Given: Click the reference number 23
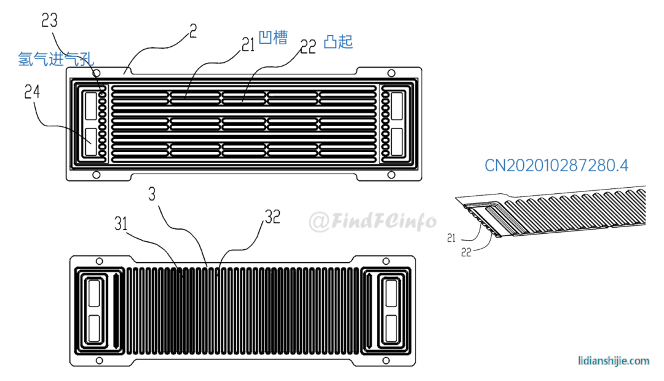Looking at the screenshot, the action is click(x=49, y=20).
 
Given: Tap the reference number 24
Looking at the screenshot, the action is click(x=32, y=92).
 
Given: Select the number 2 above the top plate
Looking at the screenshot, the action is click(x=193, y=31).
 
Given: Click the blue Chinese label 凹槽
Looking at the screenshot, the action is click(x=273, y=38).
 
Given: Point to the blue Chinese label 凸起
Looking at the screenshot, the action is click(x=338, y=41).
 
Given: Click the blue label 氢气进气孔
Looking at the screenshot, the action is click(x=56, y=59).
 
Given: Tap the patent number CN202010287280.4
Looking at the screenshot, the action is click(x=556, y=166).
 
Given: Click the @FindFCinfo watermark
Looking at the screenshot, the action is click(x=373, y=221).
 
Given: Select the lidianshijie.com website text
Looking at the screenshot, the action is click(x=614, y=361).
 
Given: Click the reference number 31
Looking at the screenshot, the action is click(x=121, y=223).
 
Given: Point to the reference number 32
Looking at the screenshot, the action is click(x=273, y=217).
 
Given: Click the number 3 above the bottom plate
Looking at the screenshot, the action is click(x=152, y=194).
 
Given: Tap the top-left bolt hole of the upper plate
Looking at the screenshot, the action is click(x=97, y=73).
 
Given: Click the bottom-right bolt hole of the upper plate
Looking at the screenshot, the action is click(x=391, y=175).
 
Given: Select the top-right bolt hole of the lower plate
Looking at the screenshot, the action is click(x=385, y=262).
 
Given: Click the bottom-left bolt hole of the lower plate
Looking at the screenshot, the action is click(x=99, y=361).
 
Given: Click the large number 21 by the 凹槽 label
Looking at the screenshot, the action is click(x=248, y=44).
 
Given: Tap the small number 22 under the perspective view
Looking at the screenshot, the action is click(x=466, y=252).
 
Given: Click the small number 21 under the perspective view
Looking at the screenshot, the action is click(x=451, y=239).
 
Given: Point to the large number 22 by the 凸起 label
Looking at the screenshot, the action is click(x=308, y=47).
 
